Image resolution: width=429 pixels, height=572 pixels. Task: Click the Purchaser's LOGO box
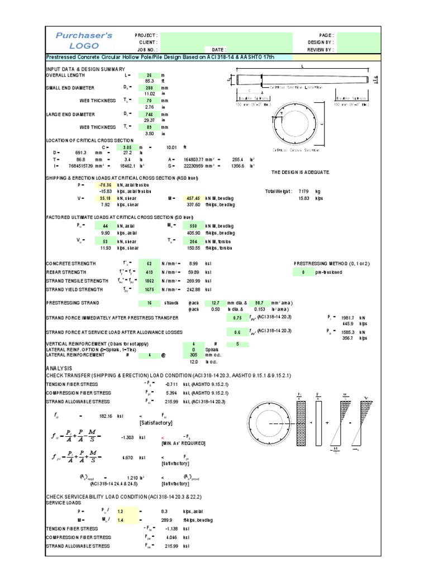tap(84, 40)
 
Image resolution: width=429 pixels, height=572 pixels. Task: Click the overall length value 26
tap(149, 75)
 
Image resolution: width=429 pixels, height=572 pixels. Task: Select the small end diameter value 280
tap(149, 88)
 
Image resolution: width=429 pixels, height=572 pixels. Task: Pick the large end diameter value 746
tap(149, 113)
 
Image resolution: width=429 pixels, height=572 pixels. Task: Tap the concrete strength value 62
tap(149, 263)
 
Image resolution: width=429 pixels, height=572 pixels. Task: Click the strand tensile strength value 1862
tap(149, 281)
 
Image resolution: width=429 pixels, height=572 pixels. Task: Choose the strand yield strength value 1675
tap(149, 290)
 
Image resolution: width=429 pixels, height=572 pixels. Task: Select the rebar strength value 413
tap(149, 272)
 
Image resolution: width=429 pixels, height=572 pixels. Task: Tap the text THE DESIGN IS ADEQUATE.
tap(300, 172)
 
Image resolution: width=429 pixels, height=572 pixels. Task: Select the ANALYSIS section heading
tap(59, 369)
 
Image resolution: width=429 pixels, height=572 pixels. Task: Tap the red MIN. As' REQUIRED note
tap(176, 443)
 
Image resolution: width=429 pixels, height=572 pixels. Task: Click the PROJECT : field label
tap(146, 35)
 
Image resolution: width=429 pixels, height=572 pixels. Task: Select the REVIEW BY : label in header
tap(321, 49)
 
